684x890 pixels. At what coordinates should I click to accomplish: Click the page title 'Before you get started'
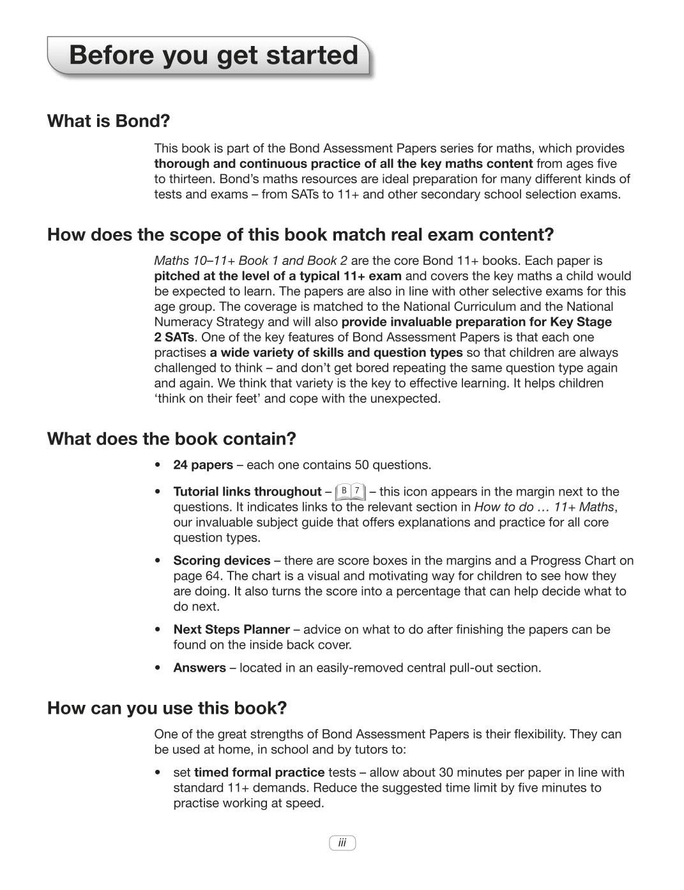click(x=213, y=56)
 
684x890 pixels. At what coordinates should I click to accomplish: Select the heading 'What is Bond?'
click(x=109, y=121)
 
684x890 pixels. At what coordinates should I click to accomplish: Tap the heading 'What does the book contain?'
click(x=172, y=439)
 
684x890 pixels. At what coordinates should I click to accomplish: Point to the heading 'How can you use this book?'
click(x=167, y=709)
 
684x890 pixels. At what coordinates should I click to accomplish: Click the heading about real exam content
click(x=300, y=235)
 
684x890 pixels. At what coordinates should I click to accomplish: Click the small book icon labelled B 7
click(x=350, y=492)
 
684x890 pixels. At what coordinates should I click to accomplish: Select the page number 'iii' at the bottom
click(x=342, y=843)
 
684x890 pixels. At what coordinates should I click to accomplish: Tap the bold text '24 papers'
click(x=203, y=465)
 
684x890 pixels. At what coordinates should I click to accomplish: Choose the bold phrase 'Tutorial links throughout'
click(x=247, y=492)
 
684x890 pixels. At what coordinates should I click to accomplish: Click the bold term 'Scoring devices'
click(x=222, y=561)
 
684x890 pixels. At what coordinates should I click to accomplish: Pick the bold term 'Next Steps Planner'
click(x=231, y=630)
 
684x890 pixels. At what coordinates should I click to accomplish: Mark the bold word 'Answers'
click(x=199, y=668)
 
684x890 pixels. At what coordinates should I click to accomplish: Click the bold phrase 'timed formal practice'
click(x=259, y=773)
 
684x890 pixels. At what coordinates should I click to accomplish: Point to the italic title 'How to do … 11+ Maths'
click(x=545, y=508)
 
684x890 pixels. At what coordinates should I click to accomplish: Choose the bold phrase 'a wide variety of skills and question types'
click(x=337, y=353)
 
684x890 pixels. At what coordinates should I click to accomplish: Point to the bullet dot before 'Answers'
click(x=158, y=668)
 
